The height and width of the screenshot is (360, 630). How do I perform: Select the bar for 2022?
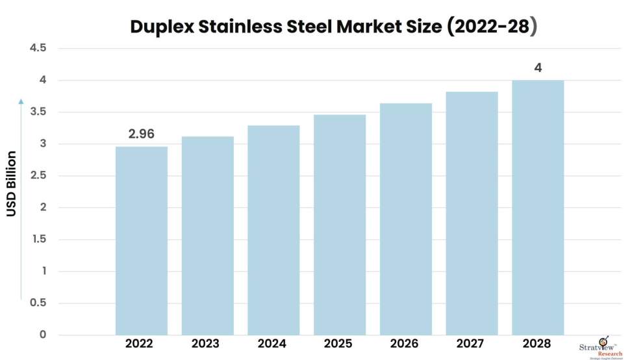point(141,240)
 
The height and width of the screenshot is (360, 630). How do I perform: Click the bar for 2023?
point(207,235)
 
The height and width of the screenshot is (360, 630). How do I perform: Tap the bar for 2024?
point(273,230)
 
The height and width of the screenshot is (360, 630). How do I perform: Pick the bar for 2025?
point(340,224)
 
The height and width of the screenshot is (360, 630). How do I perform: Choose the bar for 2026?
point(406,219)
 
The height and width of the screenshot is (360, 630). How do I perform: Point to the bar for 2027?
point(472,213)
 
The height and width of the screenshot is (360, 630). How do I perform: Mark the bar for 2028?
point(538,207)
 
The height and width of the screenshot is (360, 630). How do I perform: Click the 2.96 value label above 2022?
point(141,135)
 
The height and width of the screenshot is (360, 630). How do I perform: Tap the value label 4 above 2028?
point(538,68)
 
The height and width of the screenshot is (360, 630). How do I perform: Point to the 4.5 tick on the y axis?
point(38,48)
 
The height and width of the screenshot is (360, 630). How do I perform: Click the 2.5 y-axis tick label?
point(38,175)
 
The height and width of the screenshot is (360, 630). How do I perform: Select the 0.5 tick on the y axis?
point(38,303)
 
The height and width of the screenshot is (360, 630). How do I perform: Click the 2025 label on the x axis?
point(340,344)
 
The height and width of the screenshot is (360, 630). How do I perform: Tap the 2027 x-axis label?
point(472,344)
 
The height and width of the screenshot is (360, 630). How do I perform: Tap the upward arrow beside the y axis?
point(21,195)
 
